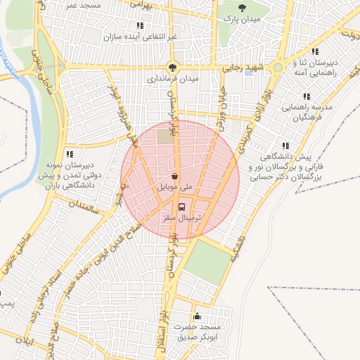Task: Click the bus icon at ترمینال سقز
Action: point(182,207)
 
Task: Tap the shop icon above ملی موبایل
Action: point(174,176)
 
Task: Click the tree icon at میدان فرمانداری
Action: point(173,67)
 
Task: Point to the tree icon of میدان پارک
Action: point(243,8)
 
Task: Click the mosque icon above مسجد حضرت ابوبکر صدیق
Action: point(197,316)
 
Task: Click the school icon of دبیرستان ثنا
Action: point(315,51)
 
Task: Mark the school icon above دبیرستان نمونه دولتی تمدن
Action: point(69,153)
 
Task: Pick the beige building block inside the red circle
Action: point(165,136)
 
